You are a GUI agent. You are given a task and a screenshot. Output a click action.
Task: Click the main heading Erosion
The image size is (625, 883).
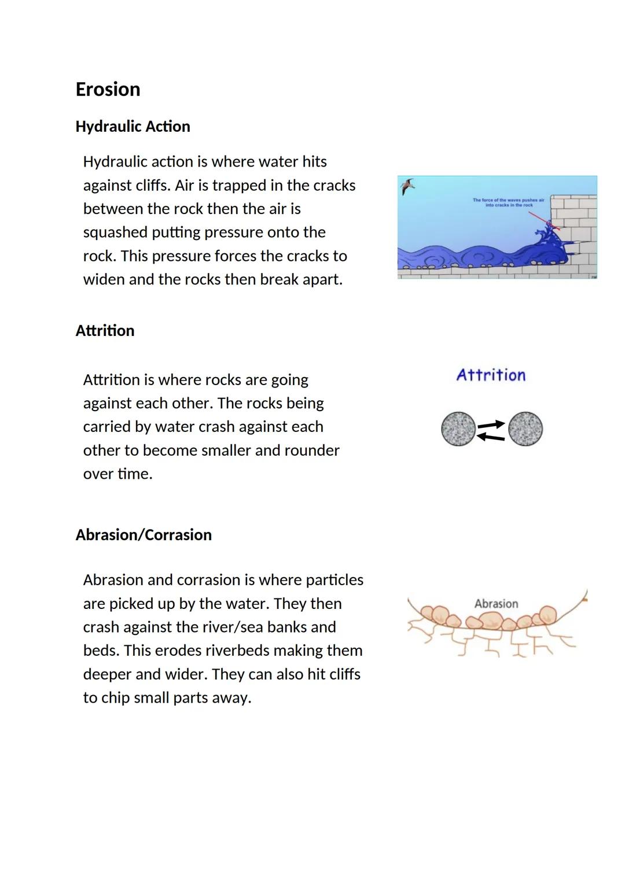click(x=108, y=90)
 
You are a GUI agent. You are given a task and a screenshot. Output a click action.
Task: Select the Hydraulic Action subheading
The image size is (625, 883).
click(x=133, y=127)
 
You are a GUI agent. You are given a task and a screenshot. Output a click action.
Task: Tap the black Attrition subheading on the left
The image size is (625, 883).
click(x=105, y=331)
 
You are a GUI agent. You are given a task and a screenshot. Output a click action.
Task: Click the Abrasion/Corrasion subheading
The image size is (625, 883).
click(x=144, y=535)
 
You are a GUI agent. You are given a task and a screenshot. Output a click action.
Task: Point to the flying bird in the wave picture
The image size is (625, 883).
click(x=408, y=186)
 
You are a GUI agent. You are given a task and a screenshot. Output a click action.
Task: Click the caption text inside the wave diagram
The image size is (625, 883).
click(x=508, y=202)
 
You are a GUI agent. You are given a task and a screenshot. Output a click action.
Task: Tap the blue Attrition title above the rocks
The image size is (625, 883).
click(x=491, y=375)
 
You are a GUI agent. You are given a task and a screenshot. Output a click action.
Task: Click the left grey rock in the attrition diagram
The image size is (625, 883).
click(x=458, y=429)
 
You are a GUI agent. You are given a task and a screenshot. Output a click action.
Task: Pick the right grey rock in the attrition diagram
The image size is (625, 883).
click(x=525, y=429)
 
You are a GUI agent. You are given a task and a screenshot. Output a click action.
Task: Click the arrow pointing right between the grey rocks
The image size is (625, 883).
click(x=491, y=424)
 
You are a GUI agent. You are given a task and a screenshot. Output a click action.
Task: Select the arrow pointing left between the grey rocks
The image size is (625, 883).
click(x=490, y=437)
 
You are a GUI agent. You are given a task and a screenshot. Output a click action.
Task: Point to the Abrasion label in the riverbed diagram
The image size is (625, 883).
click(x=496, y=604)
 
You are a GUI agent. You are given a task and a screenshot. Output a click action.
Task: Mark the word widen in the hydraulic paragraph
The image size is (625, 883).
click(x=104, y=280)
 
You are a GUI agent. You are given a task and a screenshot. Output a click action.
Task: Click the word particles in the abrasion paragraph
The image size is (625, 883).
click(x=334, y=580)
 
